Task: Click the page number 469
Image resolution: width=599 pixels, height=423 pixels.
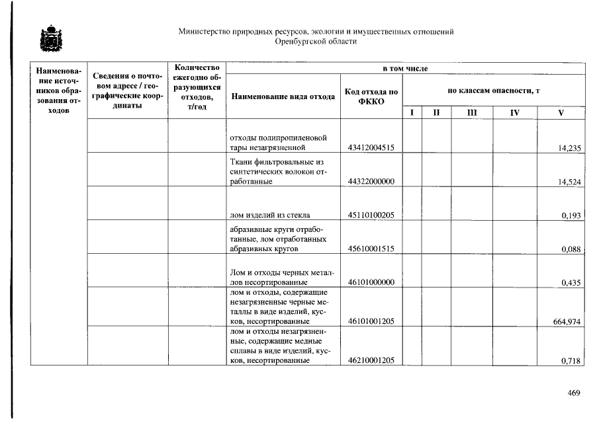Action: [574, 394]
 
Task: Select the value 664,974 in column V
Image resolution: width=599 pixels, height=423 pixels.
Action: [567, 322]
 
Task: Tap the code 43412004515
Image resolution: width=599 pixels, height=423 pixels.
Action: [371, 148]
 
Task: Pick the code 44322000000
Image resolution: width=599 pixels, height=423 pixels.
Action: [371, 182]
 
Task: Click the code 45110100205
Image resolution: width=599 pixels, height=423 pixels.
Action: [371, 215]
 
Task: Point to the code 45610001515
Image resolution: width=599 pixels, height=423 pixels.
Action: [371, 249]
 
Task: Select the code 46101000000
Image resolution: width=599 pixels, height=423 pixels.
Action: [371, 283]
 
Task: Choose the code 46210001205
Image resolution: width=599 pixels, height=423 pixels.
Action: [371, 361]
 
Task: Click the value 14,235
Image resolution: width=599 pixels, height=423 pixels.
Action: [570, 149]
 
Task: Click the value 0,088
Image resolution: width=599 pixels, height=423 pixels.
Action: [571, 250]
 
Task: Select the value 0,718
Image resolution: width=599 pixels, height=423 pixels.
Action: [571, 362]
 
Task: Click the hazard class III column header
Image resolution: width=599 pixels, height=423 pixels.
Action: [471, 113]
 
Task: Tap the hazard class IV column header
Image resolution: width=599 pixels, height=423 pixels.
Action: [514, 113]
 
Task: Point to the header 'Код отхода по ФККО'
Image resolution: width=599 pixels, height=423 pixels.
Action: [371, 96]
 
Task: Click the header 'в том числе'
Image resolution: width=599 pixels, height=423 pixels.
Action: [405, 69]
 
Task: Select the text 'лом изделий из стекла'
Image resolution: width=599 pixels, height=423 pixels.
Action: [269, 215]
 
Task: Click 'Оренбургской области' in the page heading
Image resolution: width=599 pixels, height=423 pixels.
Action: [316, 42]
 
